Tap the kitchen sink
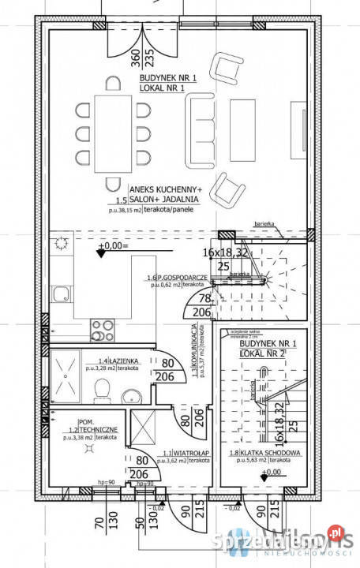pos(61,294)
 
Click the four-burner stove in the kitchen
pos(103,326)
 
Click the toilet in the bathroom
pos(102,389)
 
